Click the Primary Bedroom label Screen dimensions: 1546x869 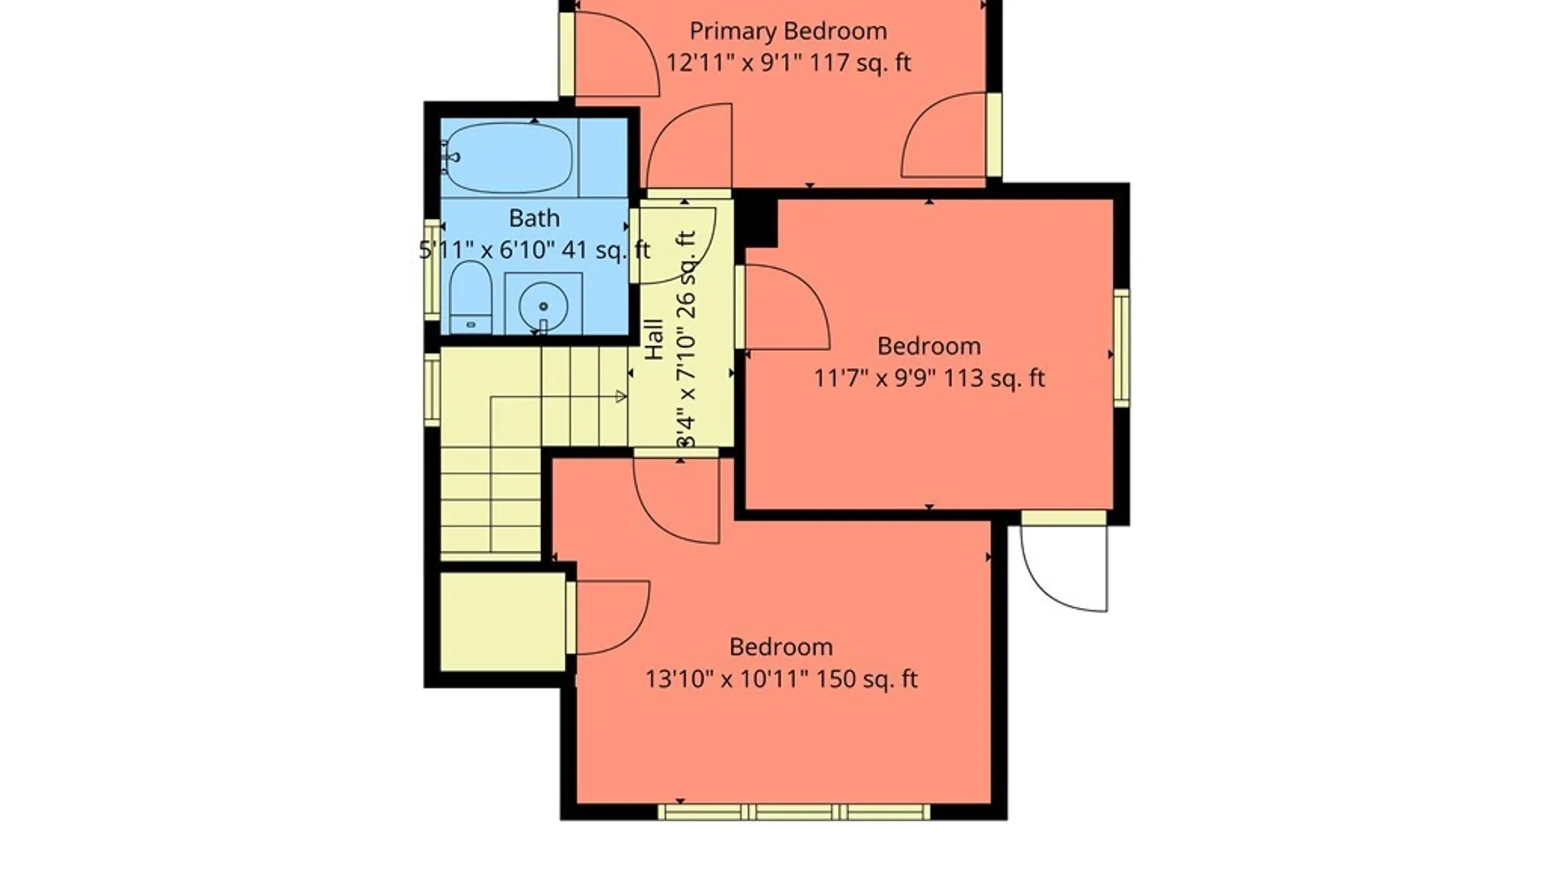[788, 31]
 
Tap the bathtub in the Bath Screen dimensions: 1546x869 [509, 158]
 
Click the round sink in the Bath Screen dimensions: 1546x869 [544, 306]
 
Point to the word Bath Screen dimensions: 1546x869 [534, 218]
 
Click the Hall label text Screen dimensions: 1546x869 [654, 340]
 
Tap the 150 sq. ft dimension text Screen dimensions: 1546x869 [867, 679]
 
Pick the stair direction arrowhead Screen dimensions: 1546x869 [622, 396]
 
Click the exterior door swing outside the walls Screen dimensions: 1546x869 [1064, 568]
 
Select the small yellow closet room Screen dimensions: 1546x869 [503, 621]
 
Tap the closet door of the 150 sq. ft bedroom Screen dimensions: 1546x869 [608, 617]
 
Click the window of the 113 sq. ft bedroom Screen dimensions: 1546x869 [1122, 348]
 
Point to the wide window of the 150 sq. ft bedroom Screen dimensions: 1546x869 [794, 812]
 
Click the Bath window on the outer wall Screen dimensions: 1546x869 [432, 270]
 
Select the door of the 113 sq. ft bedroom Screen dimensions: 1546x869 [783, 307]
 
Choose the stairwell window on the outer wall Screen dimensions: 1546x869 [432, 389]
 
